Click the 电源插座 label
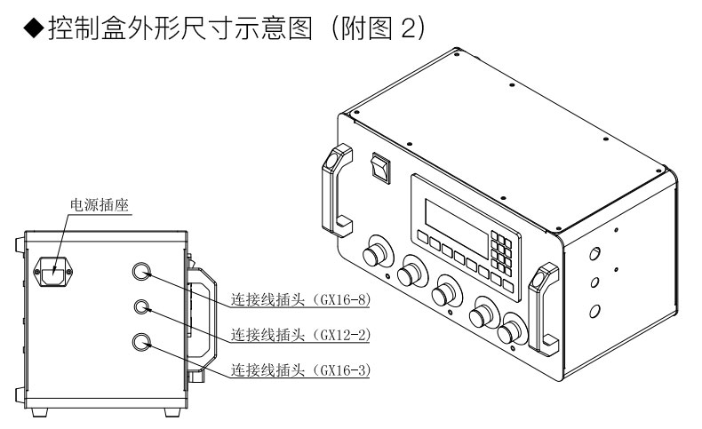click(100, 205)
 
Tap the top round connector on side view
click(141, 272)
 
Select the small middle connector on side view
click(141, 307)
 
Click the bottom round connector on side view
click(141, 341)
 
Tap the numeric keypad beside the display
click(503, 250)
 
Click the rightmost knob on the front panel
click(513, 333)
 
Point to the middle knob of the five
click(444, 295)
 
